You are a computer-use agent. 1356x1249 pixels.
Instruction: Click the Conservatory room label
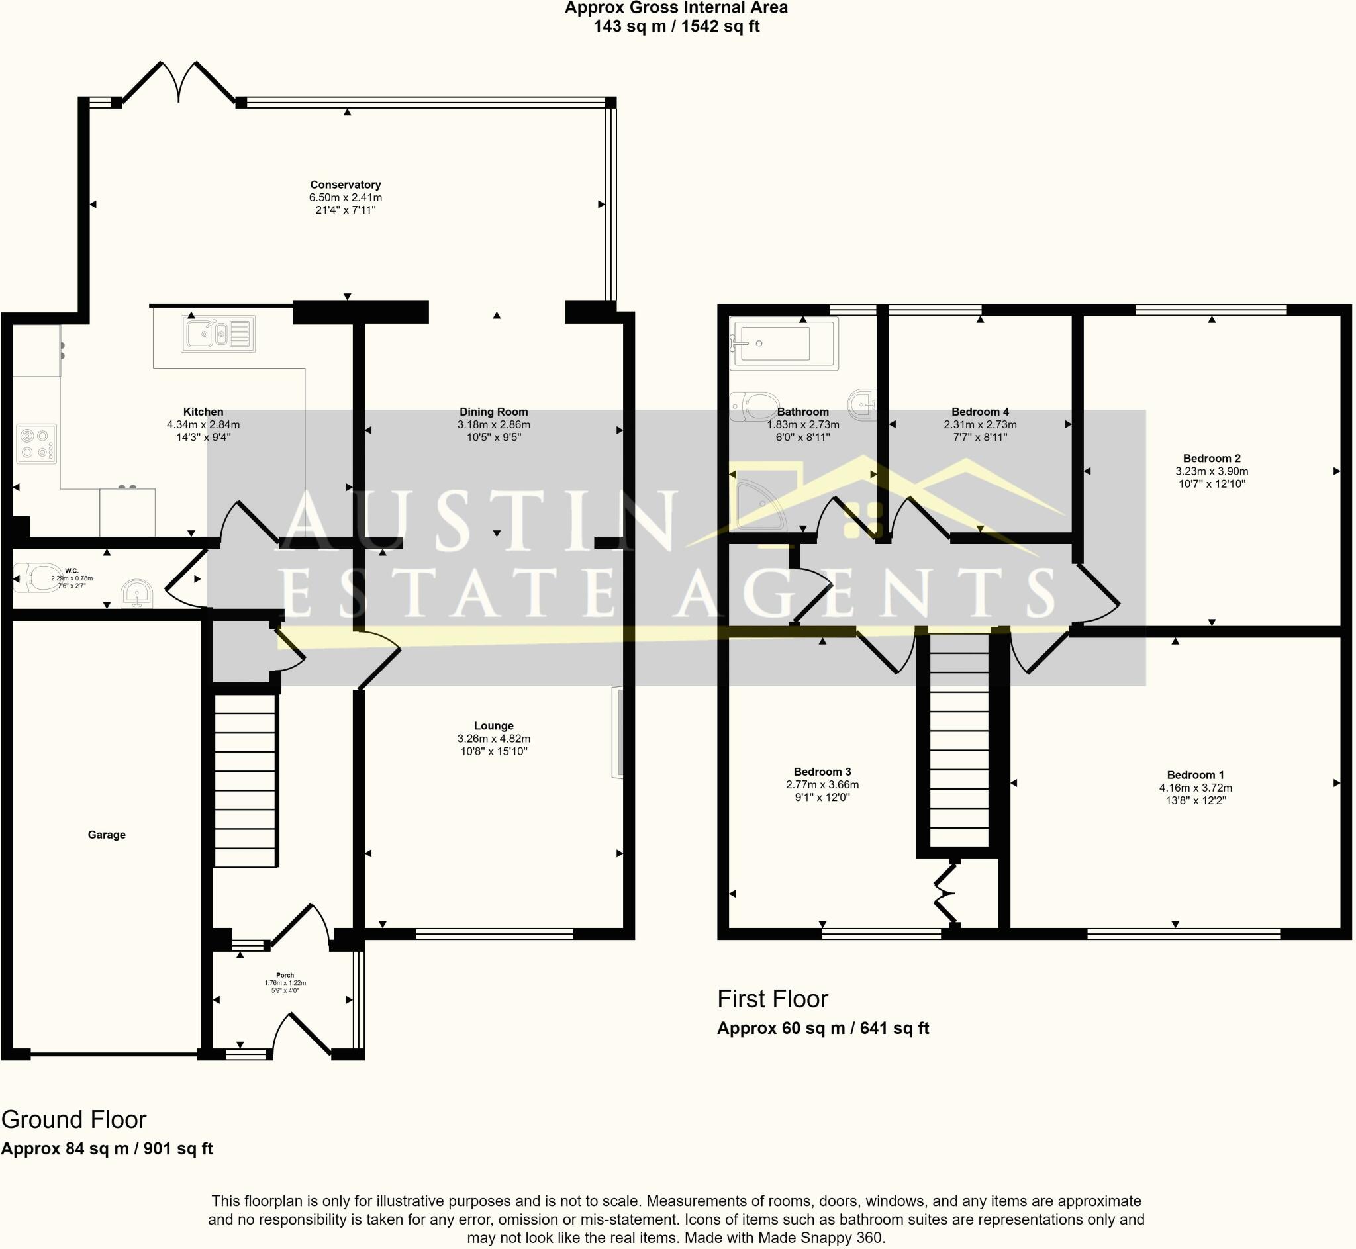pos(346,185)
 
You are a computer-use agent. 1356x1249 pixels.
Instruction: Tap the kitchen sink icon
pos(218,334)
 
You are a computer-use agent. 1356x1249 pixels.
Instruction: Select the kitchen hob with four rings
pos(36,443)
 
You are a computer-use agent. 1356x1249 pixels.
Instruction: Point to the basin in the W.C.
pos(136,595)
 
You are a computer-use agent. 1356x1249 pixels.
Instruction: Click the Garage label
pos(107,835)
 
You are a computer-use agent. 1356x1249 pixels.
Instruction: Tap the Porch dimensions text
pos(285,987)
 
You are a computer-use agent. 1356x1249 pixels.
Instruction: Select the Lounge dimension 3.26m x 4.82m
pos(493,739)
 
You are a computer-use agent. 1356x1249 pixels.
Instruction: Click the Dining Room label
pos(493,412)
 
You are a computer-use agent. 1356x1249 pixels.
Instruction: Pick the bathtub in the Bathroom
pos(783,344)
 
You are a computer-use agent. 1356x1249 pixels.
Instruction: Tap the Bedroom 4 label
pos(980,412)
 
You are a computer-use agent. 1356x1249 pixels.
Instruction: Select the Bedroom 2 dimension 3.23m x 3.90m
pos(1212,471)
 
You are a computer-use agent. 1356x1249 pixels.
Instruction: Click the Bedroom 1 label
pos(1195,775)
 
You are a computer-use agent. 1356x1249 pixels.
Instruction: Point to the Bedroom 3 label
pos(822,772)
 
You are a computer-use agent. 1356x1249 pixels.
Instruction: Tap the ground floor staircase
pos(246,780)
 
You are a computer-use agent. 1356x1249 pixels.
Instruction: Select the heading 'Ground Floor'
pos(73,1120)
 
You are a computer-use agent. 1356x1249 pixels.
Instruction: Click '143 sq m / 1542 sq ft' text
pos(676,26)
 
